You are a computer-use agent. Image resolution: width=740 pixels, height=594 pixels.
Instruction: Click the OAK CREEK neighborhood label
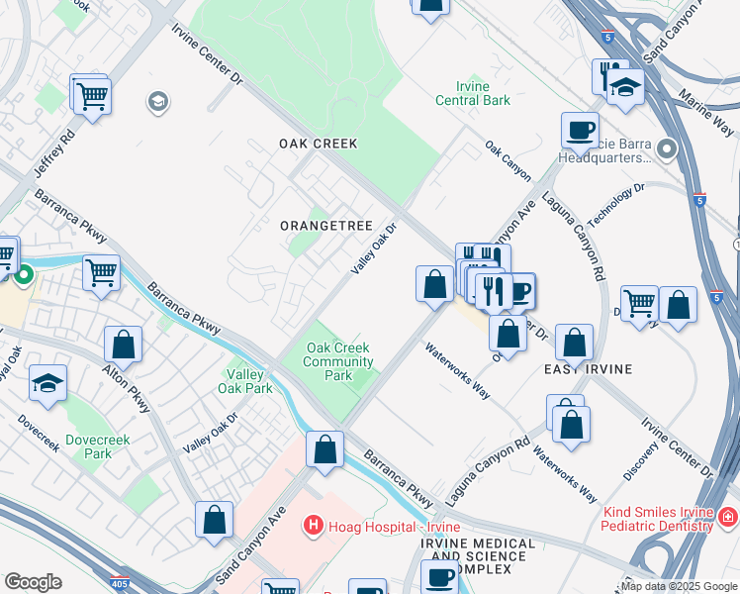[x=318, y=144]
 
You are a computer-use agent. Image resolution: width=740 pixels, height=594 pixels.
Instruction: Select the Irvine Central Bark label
[x=474, y=93]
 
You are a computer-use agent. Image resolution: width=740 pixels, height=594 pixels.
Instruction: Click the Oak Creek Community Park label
[x=338, y=361]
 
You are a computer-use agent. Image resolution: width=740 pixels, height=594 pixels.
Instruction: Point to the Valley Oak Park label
[x=249, y=381]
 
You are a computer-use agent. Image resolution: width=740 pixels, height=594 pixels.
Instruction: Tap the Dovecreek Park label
[x=97, y=445]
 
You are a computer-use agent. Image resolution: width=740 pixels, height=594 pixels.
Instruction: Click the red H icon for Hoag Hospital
[x=314, y=524]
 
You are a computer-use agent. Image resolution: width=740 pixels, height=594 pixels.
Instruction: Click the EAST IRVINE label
[x=588, y=368]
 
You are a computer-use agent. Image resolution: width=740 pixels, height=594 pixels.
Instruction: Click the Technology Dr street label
[x=615, y=204]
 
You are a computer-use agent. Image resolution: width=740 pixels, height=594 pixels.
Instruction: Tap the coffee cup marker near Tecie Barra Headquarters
[x=580, y=129]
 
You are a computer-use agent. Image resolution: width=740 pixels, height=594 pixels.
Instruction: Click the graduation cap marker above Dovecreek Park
[x=47, y=382]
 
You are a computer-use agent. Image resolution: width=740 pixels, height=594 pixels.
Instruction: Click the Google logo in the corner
[x=33, y=582]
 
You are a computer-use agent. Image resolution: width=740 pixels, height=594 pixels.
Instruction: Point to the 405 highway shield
[x=120, y=585]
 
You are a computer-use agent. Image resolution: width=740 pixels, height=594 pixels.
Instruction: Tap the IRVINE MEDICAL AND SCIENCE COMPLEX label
[x=481, y=555]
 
